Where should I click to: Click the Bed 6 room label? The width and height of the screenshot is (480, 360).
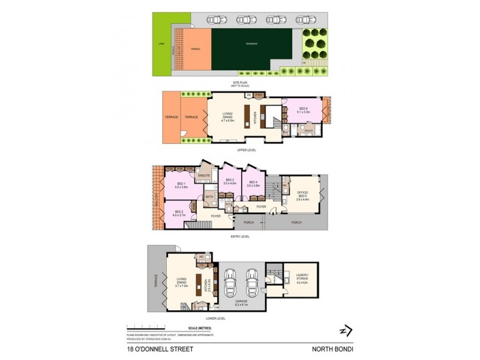[x=303, y=110]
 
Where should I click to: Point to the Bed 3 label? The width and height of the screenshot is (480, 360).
[x=230, y=182]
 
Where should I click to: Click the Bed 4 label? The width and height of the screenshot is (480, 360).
[x=253, y=184]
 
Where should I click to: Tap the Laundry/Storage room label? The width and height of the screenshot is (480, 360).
[x=302, y=278]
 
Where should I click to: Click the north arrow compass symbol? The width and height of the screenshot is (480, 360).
[x=345, y=331]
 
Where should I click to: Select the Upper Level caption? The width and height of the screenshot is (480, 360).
[x=247, y=150]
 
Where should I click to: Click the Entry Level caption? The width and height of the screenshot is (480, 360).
[x=239, y=236]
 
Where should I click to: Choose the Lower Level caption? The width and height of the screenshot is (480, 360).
[x=215, y=318]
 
